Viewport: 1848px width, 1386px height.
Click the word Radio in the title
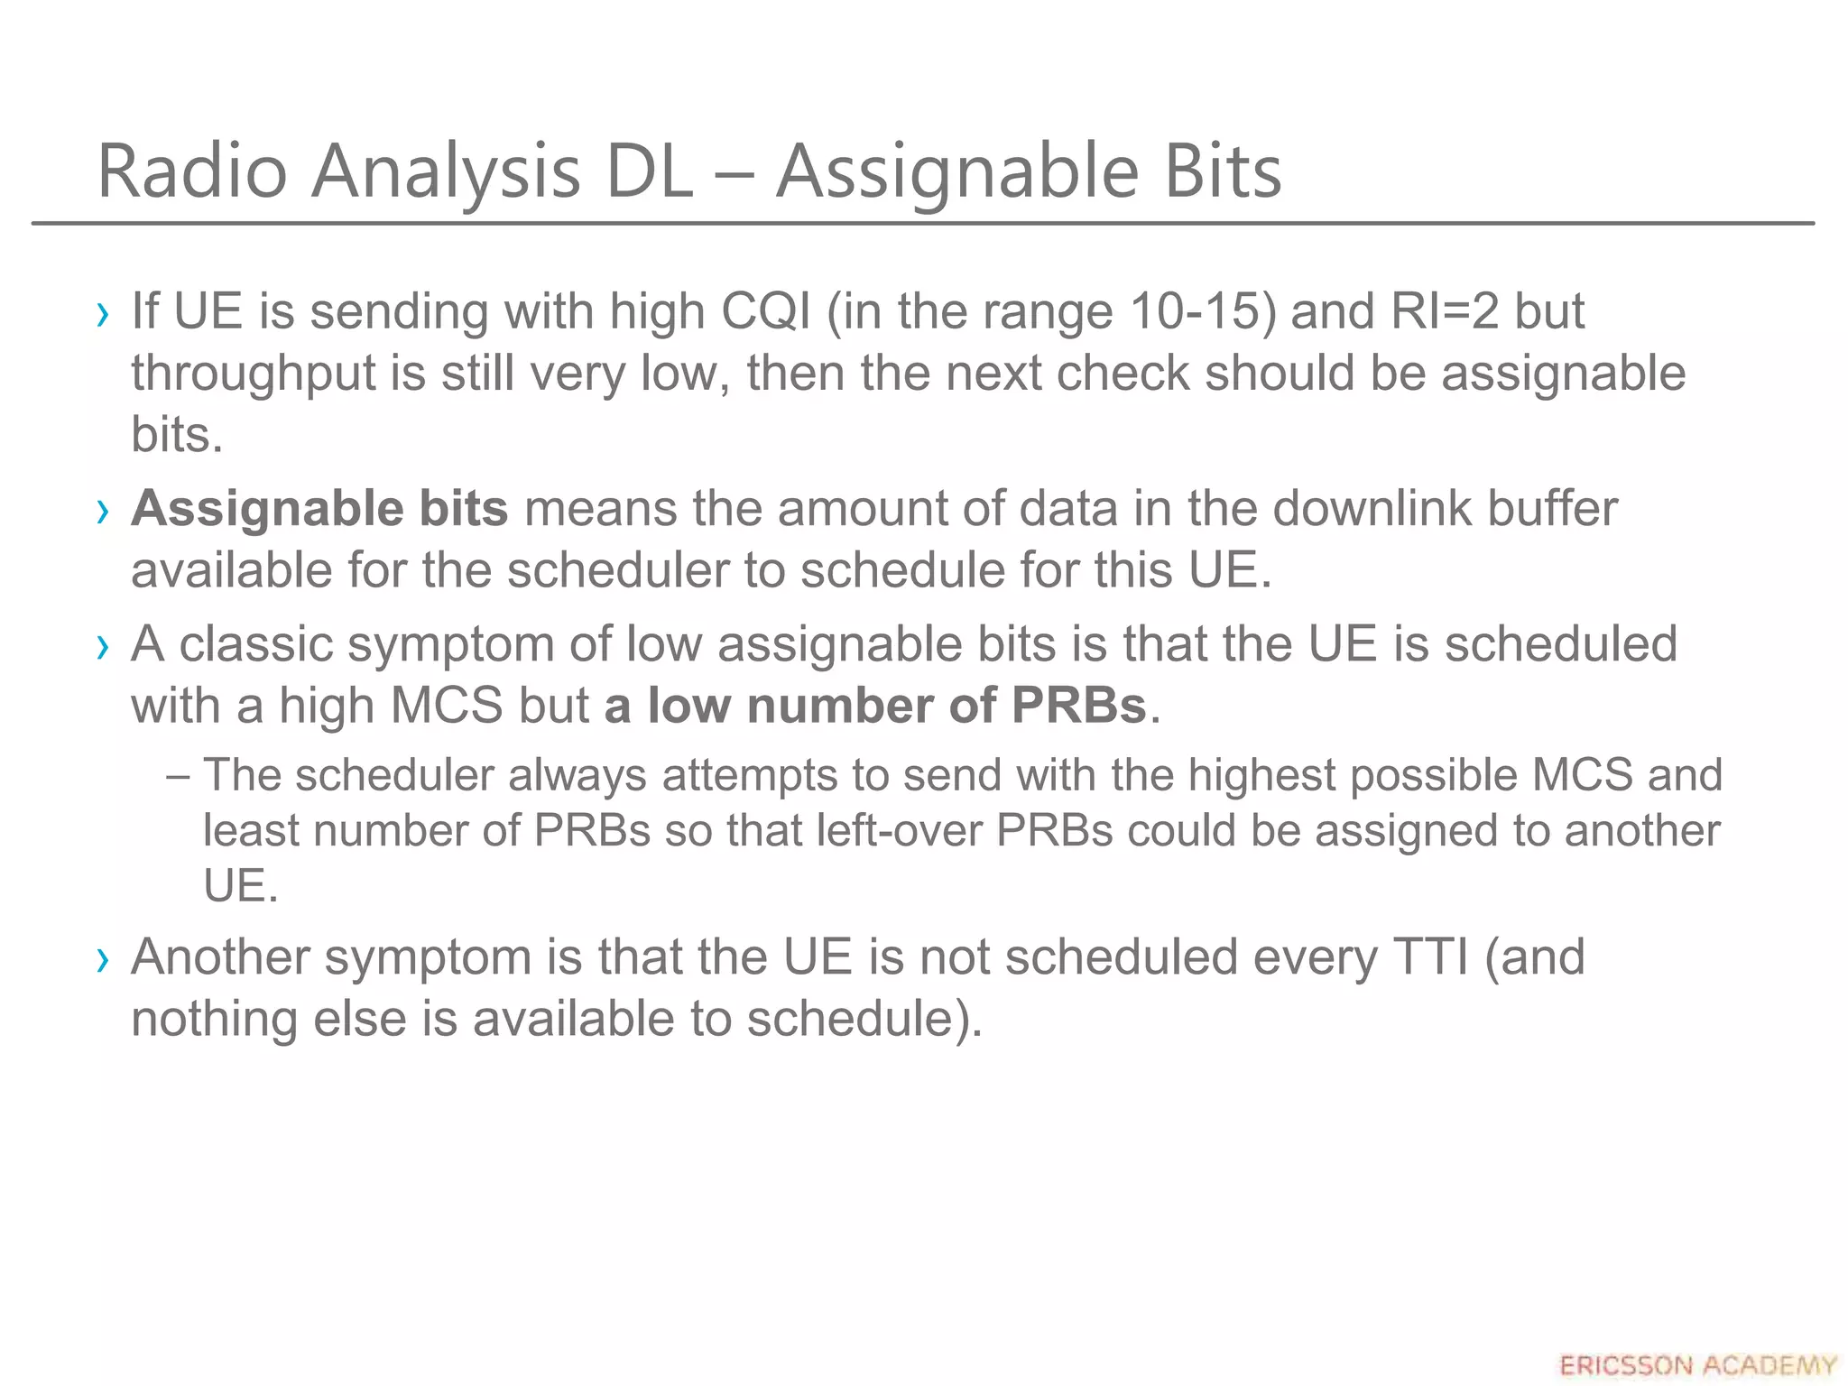[x=191, y=171]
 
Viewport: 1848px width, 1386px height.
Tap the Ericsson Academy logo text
[x=1697, y=1365]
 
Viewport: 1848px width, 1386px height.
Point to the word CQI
[x=765, y=311]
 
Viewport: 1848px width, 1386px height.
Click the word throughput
[x=253, y=374]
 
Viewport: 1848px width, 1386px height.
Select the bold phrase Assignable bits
[x=319, y=509]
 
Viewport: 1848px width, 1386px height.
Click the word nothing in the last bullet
[x=214, y=1020]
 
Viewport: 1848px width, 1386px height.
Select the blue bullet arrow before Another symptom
[x=103, y=959]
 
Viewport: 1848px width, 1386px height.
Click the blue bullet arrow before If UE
[x=103, y=314]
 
